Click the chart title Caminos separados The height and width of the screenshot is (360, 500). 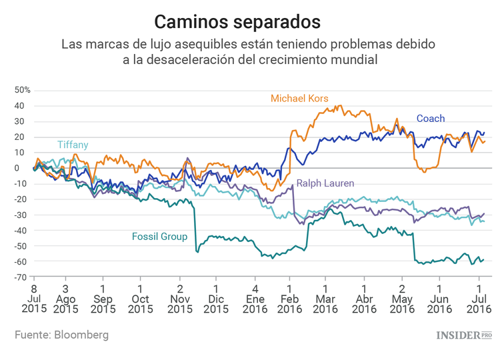pos(237,21)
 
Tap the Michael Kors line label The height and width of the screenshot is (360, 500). pos(299,98)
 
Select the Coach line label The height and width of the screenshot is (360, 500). pos(431,119)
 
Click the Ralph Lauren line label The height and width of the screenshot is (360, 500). pos(325,183)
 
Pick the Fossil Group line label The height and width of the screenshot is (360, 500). pos(159,237)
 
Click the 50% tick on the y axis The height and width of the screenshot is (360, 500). pos(23,90)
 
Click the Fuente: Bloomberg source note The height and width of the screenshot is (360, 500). pos(61,335)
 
